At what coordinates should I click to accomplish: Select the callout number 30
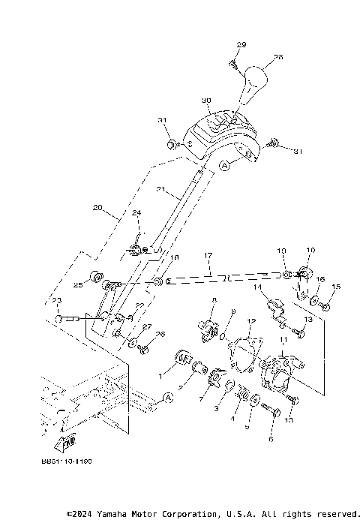[206, 100]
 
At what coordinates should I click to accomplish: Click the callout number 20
[97, 208]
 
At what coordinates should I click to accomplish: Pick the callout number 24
[136, 213]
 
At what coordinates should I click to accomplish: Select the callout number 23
[56, 302]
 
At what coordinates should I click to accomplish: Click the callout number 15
[336, 287]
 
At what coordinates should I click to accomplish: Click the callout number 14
[256, 287]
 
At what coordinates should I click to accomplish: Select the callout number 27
[147, 326]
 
